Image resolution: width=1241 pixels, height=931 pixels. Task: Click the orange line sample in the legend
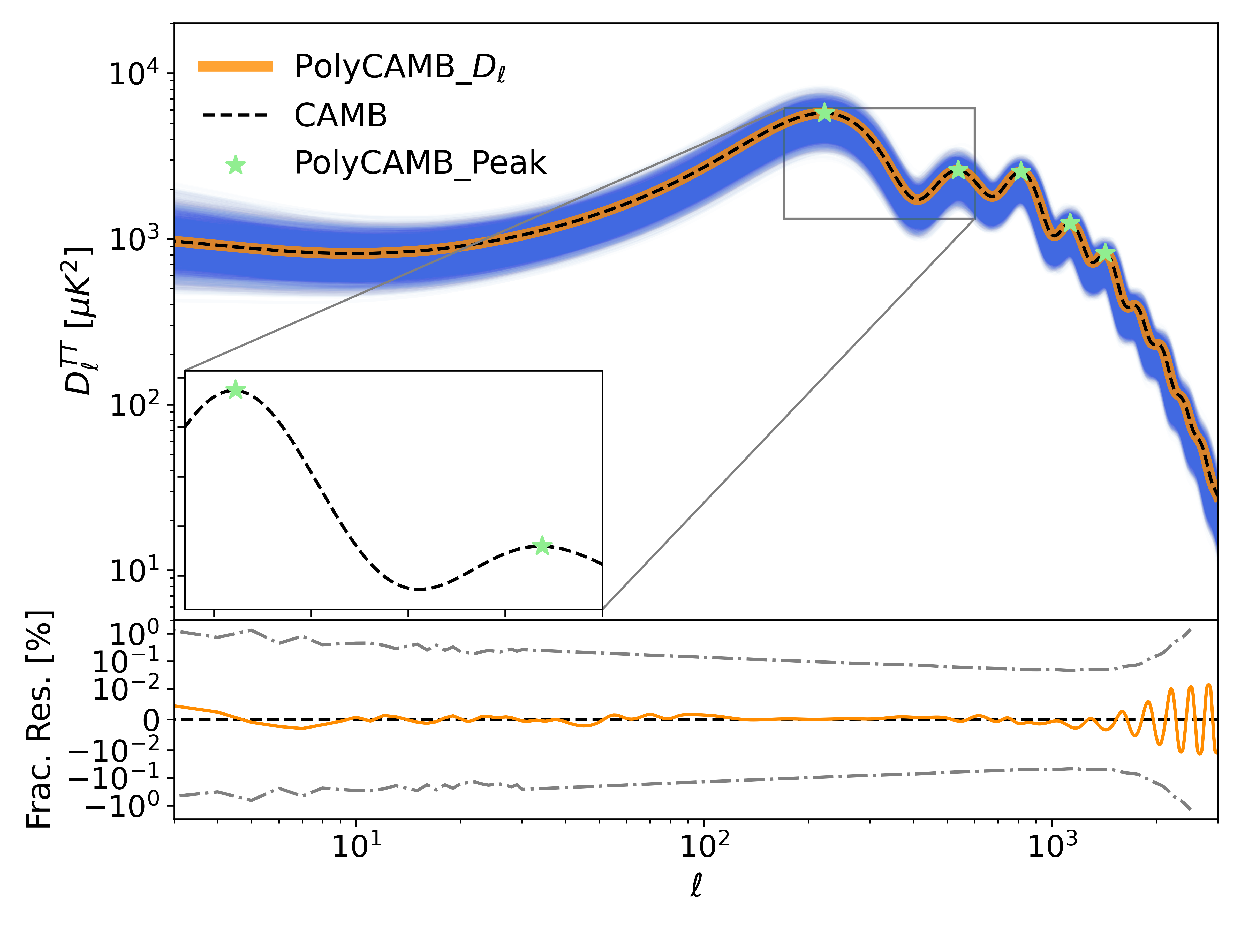pos(236,66)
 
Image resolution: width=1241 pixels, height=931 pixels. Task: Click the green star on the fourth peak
pos(1070,222)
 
